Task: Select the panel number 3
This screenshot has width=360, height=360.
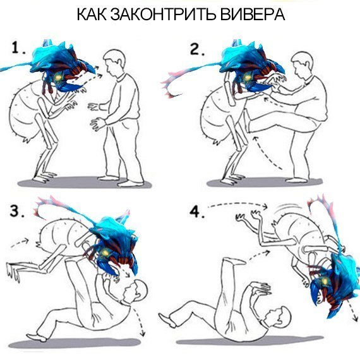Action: pos(18,212)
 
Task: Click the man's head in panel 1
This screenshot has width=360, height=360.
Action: pos(114,61)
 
